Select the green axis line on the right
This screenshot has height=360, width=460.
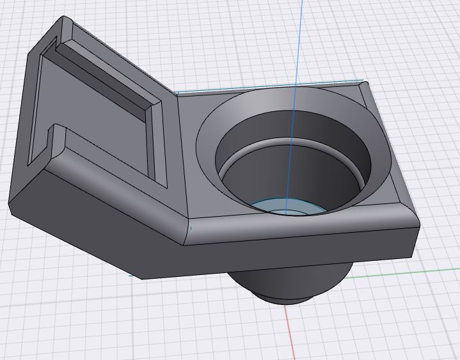coord(409,273)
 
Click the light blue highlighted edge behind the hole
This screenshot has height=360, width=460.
coord(269,87)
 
